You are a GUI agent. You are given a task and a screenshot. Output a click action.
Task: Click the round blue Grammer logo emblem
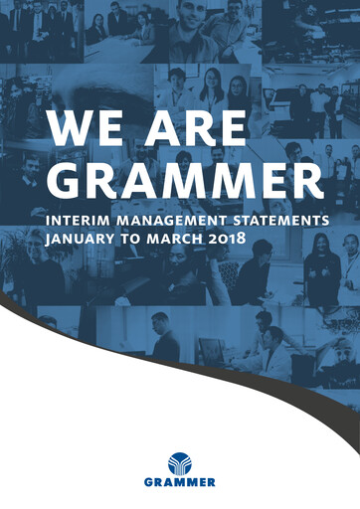pos(180,463)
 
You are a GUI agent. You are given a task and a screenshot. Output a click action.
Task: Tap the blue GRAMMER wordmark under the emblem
pos(180,483)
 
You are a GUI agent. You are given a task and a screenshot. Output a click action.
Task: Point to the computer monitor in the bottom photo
pos(211,350)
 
